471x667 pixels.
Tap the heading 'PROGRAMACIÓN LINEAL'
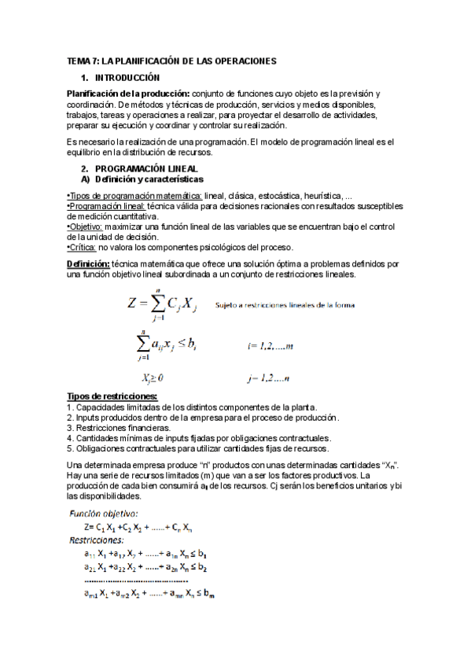pyautogui.click(x=146, y=169)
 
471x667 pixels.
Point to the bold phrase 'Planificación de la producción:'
pyautogui.click(x=128, y=94)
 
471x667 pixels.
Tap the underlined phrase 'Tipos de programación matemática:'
pyautogui.click(x=134, y=195)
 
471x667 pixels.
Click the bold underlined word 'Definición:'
pyautogui.click(x=88, y=264)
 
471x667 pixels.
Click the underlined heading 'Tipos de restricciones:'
pyautogui.click(x=112, y=396)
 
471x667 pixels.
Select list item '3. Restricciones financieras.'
pyautogui.click(x=119, y=427)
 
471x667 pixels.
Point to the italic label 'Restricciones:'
pyautogui.click(x=98, y=541)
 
